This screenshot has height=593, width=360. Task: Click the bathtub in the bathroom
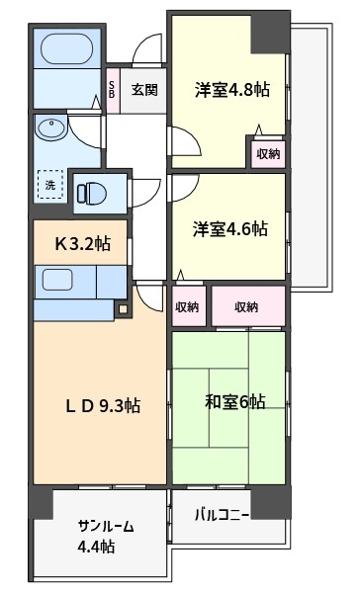point(66,48)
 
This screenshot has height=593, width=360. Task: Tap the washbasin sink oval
point(50,128)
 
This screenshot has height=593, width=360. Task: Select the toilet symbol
point(92,194)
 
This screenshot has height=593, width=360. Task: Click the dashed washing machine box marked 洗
point(50,185)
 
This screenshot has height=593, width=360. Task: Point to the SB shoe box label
point(112,90)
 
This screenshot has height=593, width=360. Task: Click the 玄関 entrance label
point(144,90)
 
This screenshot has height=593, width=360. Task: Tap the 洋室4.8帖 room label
point(232,90)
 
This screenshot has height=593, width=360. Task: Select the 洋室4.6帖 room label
point(230,229)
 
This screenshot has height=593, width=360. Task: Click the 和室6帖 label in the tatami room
point(235,401)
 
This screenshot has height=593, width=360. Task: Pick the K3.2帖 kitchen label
point(83,243)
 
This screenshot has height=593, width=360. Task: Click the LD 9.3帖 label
point(103,406)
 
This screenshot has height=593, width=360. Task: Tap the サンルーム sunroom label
point(106,526)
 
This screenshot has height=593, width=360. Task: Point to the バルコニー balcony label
point(223,515)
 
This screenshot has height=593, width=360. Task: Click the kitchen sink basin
point(56,281)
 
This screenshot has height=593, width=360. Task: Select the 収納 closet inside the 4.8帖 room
point(268,154)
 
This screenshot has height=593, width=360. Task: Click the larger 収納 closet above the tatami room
point(248,306)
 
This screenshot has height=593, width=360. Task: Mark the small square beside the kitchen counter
point(123,309)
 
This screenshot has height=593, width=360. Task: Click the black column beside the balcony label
point(271,502)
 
